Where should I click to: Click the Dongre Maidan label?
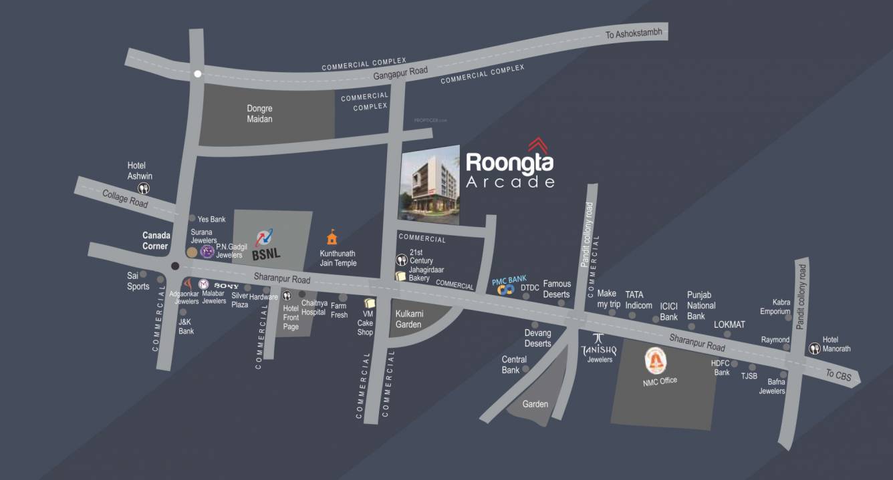pos(259,113)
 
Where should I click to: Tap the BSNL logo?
pos(265,244)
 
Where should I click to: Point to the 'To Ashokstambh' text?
pos(634,33)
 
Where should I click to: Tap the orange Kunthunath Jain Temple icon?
pos(332,237)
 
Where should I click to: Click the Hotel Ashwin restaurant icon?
pos(144,189)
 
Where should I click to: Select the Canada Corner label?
pos(156,240)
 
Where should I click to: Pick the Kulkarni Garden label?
pos(408,319)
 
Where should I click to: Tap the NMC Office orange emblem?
pos(654,362)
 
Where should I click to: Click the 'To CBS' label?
pos(838,375)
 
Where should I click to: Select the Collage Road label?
pos(125,198)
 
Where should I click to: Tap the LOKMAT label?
pos(729,325)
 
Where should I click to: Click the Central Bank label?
pos(514,365)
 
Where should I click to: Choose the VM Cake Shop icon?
pos(370,304)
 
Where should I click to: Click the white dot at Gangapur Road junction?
pos(197,74)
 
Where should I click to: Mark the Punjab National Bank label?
pos(700,306)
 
